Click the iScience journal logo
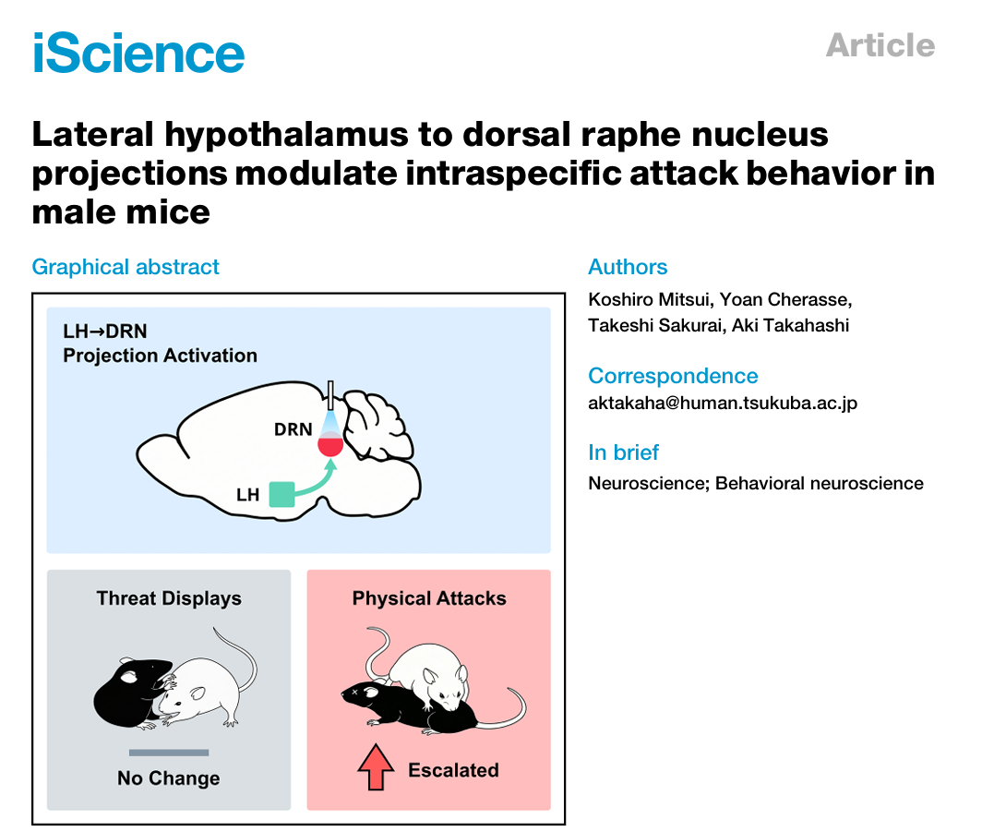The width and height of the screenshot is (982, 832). tap(138, 53)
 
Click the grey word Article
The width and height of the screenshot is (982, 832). tap(880, 45)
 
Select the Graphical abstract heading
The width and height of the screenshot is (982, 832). tap(126, 267)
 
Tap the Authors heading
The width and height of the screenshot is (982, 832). tap(628, 267)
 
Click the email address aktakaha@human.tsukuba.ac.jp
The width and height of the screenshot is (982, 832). tap(723, 403)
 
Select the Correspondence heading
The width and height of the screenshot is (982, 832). tap(673, 376)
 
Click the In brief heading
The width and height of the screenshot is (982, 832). tap(623, 452)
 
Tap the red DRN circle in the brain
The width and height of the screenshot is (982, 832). tap(330, 445)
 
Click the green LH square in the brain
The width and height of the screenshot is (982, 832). tap(281, 494)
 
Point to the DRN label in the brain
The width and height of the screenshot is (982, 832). tap(293, 429)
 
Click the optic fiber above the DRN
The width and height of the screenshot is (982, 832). tap(330, 395)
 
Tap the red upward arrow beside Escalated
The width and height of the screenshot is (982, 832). tap(376, 766)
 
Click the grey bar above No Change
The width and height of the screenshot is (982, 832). tap(169, 753)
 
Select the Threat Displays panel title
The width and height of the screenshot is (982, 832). tap(169, 598)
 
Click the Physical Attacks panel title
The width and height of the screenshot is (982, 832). tap(429, 598)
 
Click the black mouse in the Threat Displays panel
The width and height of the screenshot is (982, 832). tap(133, 693)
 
